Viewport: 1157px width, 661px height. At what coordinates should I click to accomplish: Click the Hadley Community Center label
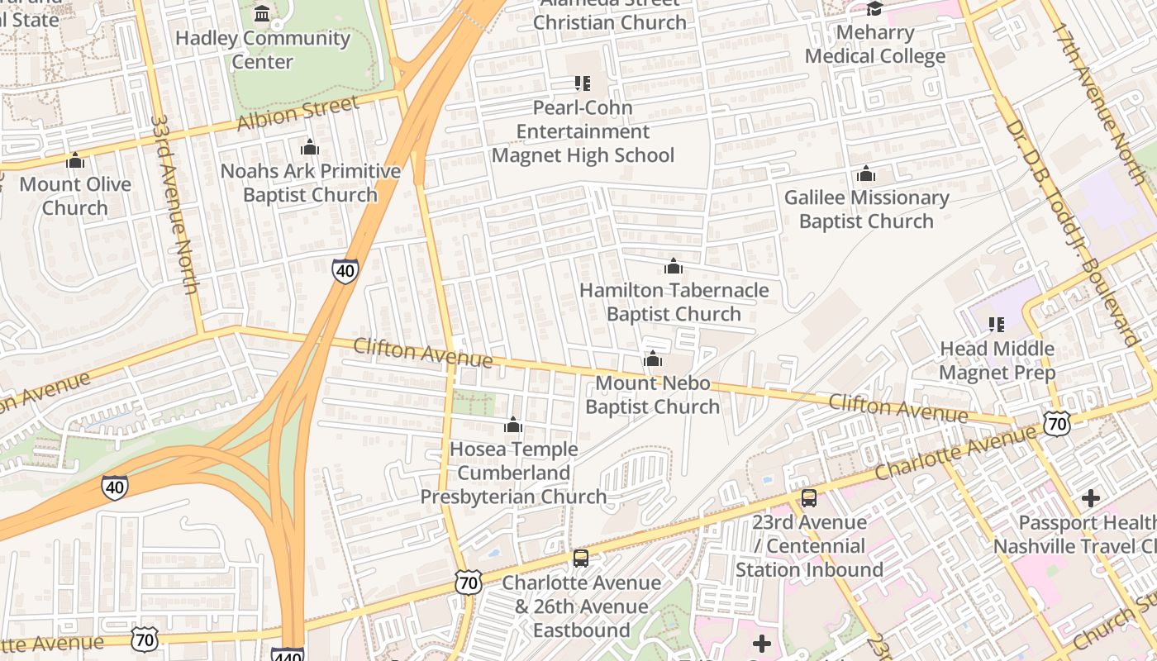tap(263, 50)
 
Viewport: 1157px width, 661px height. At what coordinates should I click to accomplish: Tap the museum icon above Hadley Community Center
tap(263, 13)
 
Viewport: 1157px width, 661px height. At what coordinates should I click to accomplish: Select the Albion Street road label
tap(298, 113)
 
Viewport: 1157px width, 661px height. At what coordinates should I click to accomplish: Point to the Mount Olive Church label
tap(75, 196)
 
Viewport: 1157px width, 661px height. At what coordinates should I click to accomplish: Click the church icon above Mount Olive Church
tap(75, 160)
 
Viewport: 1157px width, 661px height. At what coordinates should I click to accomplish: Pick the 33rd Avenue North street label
tap(174, 203)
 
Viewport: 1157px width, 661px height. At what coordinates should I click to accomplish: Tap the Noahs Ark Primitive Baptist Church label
tap(310, 183)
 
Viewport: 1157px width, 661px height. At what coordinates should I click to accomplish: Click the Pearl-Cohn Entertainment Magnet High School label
tap(583, 131)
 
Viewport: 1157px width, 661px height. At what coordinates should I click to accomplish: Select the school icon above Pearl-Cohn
tap(583, 83)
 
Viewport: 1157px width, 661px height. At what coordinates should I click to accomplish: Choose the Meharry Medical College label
tap(875, 45)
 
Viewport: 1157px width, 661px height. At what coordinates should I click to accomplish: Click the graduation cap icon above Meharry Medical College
tap(874, 9)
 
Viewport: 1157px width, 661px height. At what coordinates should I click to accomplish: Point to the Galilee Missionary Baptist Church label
tap(866, 209)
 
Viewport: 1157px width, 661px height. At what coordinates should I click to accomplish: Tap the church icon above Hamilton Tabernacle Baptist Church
tap(674, 267)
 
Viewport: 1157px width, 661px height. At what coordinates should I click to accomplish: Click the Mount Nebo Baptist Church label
tap(653, 395)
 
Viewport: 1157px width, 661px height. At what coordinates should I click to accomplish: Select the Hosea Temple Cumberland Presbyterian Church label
tap(513, 473)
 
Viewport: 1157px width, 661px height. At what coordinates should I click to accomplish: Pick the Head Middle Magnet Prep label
tap(997, 360)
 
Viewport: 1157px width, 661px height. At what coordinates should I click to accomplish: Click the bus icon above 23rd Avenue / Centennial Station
tap(809, 498)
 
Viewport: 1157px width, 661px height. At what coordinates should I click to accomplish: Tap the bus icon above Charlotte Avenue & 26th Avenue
tap(581, 559)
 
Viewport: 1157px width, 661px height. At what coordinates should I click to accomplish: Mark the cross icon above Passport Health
tap(1090, 498)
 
